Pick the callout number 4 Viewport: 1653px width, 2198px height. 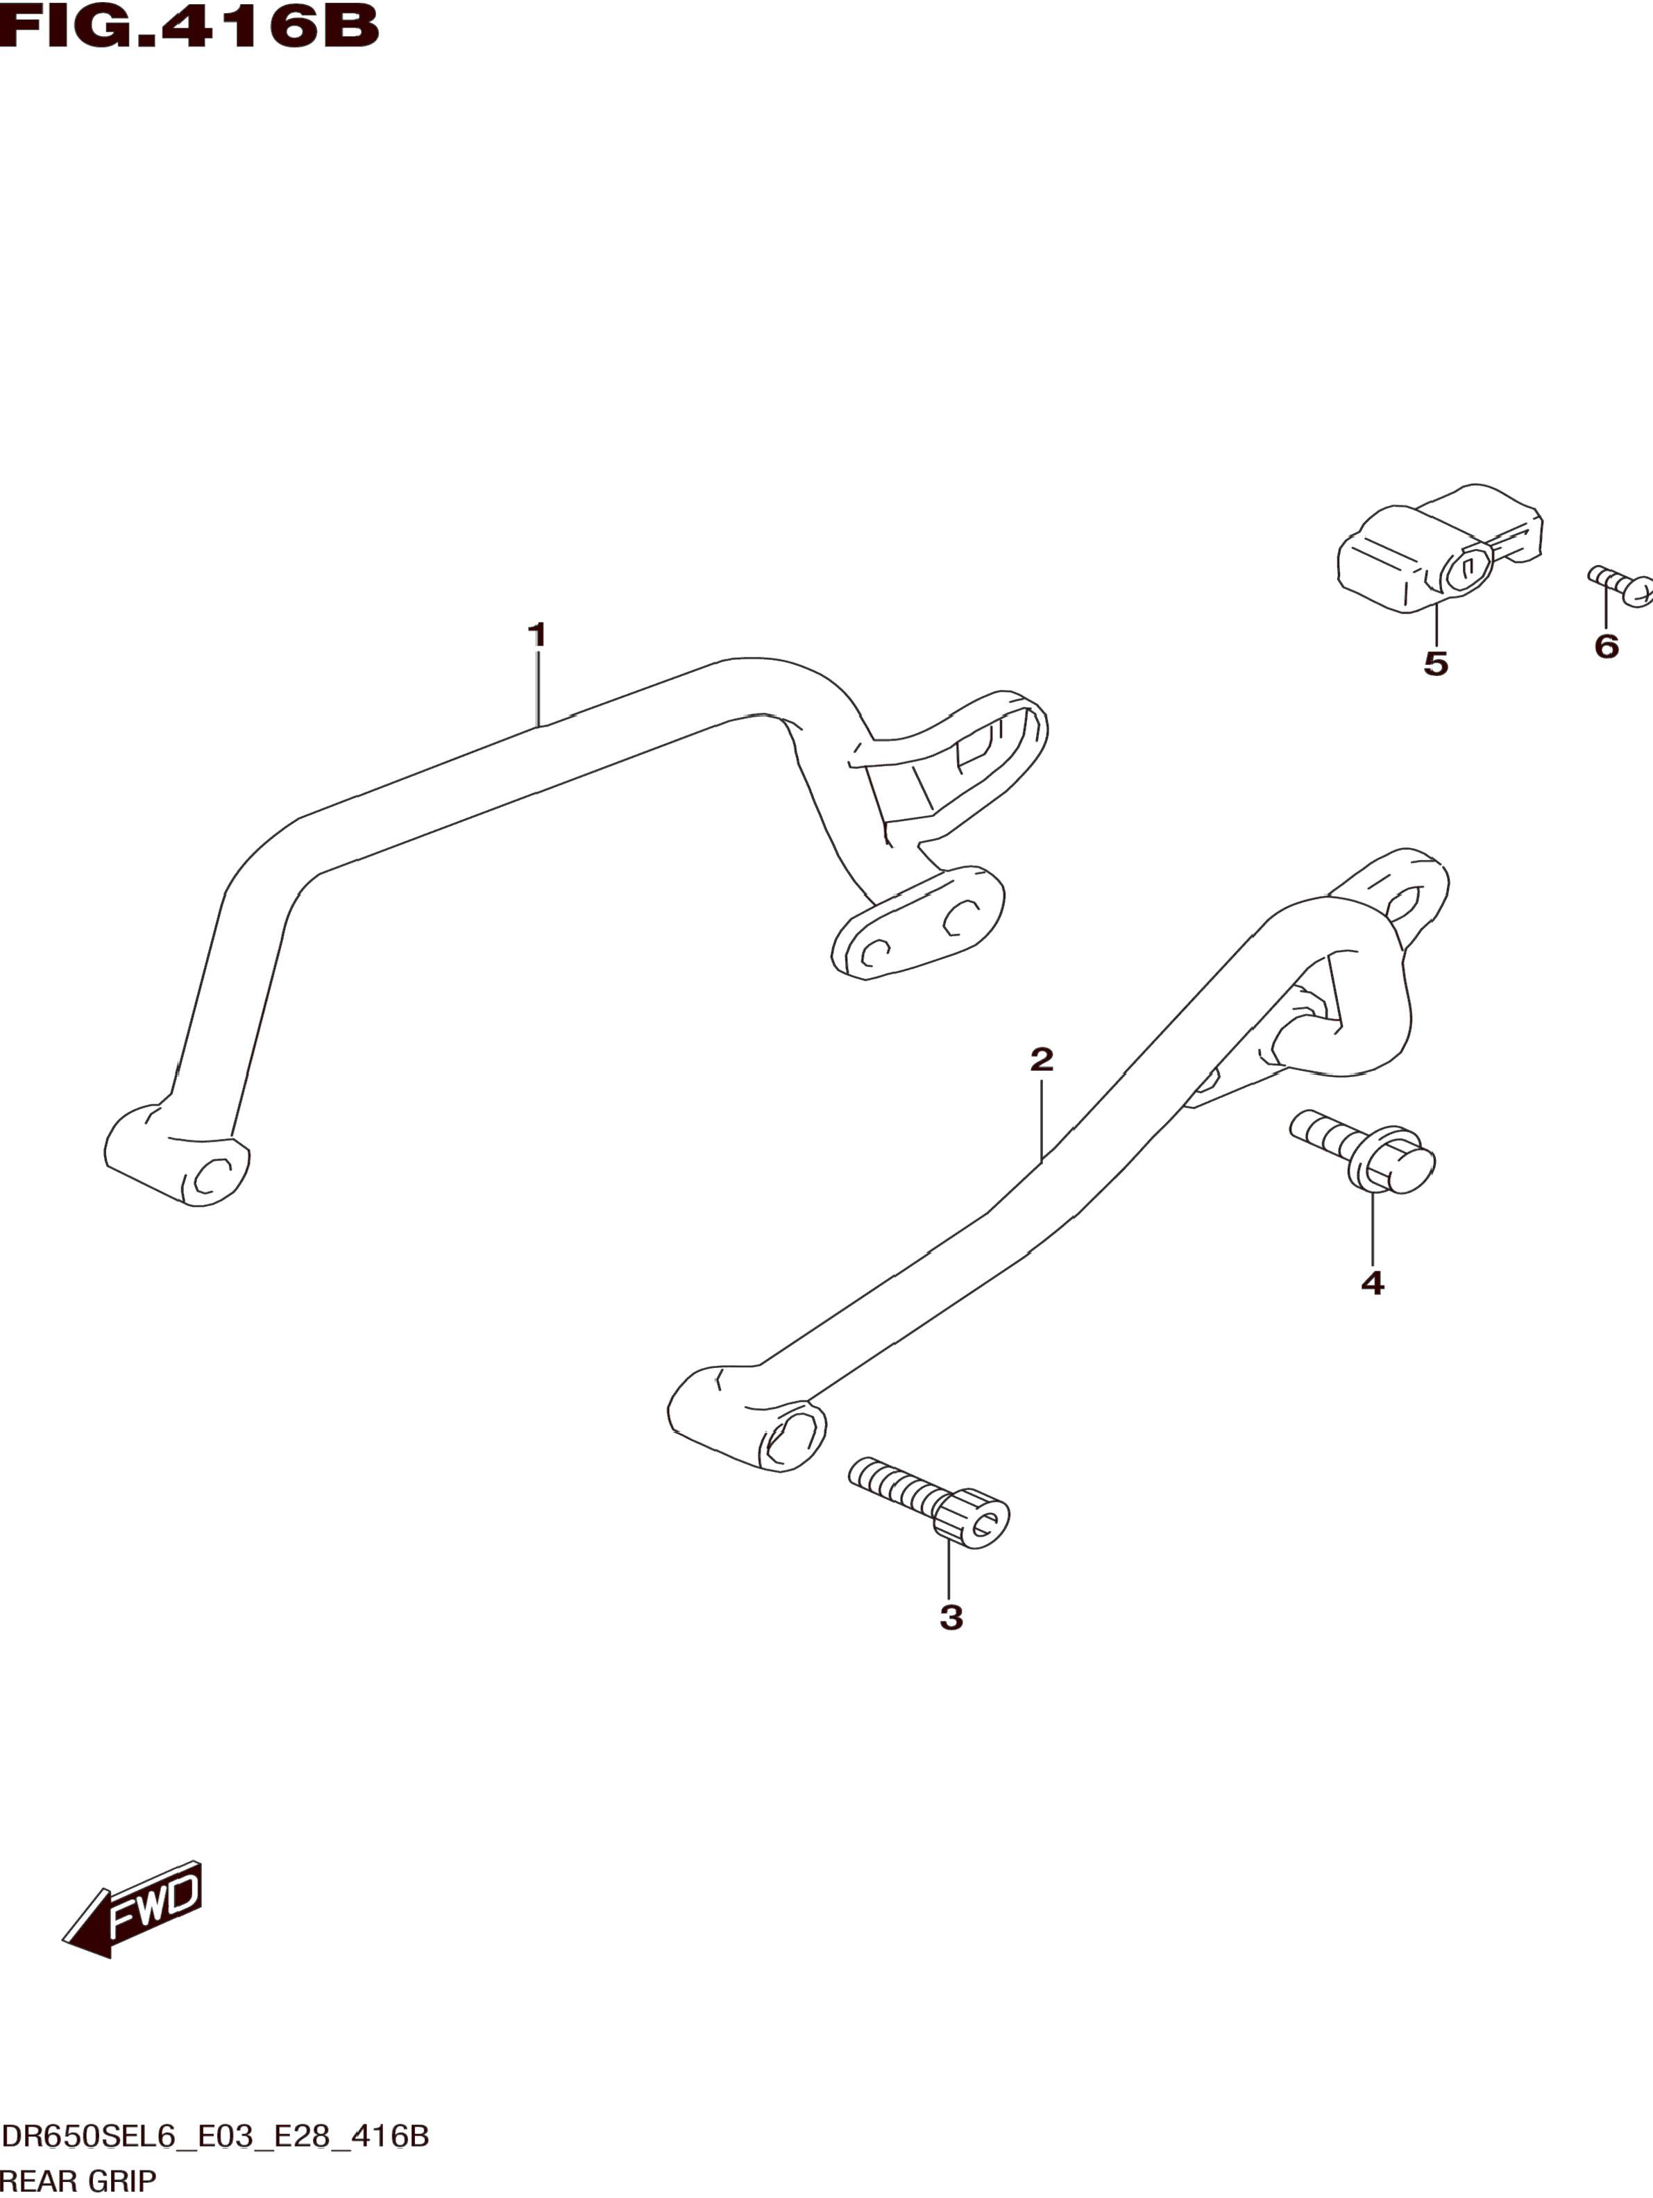click(1372, 1283)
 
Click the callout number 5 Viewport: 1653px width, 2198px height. click(1436, 663)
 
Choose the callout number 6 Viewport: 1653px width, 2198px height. click(1607, 646)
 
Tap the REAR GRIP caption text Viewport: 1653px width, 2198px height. click(78, 2181)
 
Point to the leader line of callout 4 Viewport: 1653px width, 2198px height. click(1372, 1228)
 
